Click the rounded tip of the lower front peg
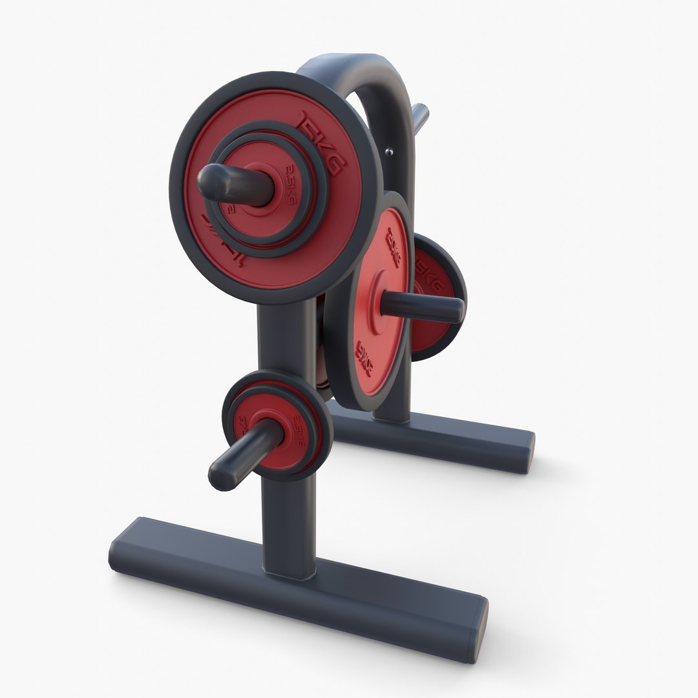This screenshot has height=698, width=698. (220, 476)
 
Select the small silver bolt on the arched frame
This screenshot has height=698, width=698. (388, 151)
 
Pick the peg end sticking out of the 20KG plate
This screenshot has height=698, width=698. (455, 310)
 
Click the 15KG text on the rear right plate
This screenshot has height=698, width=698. (428, 275)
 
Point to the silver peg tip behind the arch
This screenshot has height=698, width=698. (422, 114)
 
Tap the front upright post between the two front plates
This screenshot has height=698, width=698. (284, 336)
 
